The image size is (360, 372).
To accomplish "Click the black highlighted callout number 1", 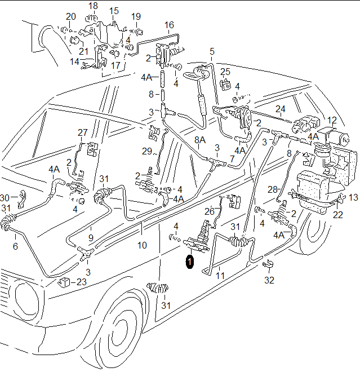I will [x=190, y=262].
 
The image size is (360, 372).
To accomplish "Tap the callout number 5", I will [x=212, y=52].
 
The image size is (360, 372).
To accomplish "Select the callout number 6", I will [x=15, y=246].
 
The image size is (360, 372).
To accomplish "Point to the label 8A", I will [x=200, y=140].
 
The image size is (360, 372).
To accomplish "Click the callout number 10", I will [x=141, y=246].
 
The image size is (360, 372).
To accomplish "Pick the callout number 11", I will [x=220, y=276].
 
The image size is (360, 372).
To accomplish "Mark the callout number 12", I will [x=332, y=120].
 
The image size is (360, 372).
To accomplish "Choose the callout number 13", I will [x=353, y=197].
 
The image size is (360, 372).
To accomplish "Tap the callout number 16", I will [x=170, y=25].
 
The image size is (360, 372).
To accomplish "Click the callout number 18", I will [x=94, y=6].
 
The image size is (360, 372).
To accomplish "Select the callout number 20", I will [x=70, y=16].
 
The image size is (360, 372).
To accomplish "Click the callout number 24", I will [x=281, y=109].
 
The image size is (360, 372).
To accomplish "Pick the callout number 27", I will [x=83, y=133].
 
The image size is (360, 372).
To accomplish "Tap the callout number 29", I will [x=148, y=152].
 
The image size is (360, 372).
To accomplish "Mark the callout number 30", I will [x=5, y=198].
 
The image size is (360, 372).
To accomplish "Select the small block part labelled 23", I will [x=65, y=281].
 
